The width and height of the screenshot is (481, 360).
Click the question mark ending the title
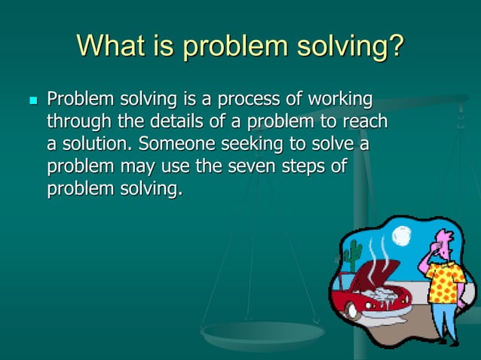click(394, 47)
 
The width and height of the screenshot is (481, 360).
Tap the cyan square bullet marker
click(32, 100)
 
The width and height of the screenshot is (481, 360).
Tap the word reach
click(364, 122)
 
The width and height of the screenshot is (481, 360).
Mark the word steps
click(299, 166)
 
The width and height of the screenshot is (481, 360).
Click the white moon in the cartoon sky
click(401, 236)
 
